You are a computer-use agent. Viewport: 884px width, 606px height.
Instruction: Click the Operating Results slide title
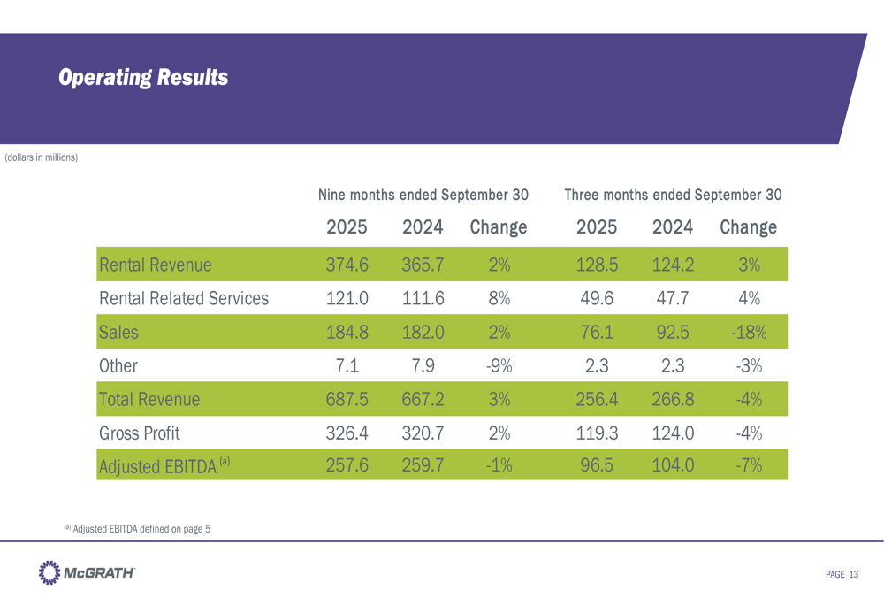click(x=143, y=78)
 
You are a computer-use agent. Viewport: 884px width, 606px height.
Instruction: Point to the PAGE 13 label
click(x=842, y=575)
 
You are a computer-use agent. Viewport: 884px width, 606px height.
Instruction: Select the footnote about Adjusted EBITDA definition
click(x=136, y=528)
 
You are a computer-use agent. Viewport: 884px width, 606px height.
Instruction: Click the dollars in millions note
click(x=42, y=158)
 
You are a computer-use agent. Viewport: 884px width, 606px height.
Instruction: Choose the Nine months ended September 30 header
click(x=423, y=194)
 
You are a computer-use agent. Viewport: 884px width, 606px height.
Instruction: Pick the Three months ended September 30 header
click(x=673, y=194)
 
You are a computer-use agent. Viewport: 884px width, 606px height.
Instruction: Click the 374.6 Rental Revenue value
click(x=347, y=264)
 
